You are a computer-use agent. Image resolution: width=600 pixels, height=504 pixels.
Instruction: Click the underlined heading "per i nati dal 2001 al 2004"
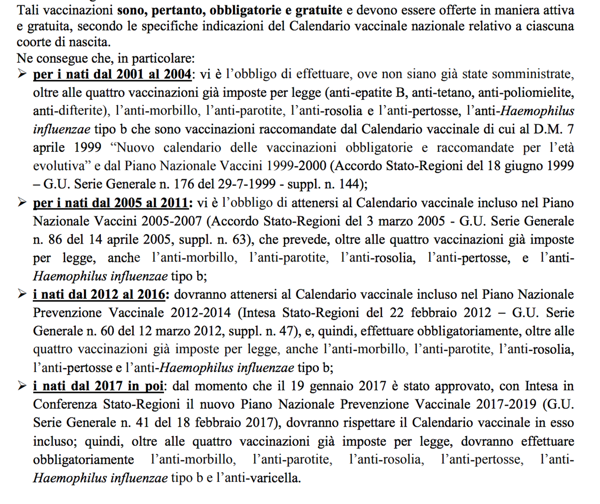(112, 74)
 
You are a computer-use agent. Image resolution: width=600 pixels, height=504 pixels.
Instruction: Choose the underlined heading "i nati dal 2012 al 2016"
(99, 295)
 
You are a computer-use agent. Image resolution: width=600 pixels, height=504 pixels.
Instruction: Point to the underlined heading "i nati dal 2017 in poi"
(98, 386)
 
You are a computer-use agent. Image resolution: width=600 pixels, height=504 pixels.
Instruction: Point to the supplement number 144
(349, 185)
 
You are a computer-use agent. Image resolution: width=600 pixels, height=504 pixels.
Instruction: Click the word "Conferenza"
(66, 405)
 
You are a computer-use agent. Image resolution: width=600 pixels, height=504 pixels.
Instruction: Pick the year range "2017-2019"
(505, 405)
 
